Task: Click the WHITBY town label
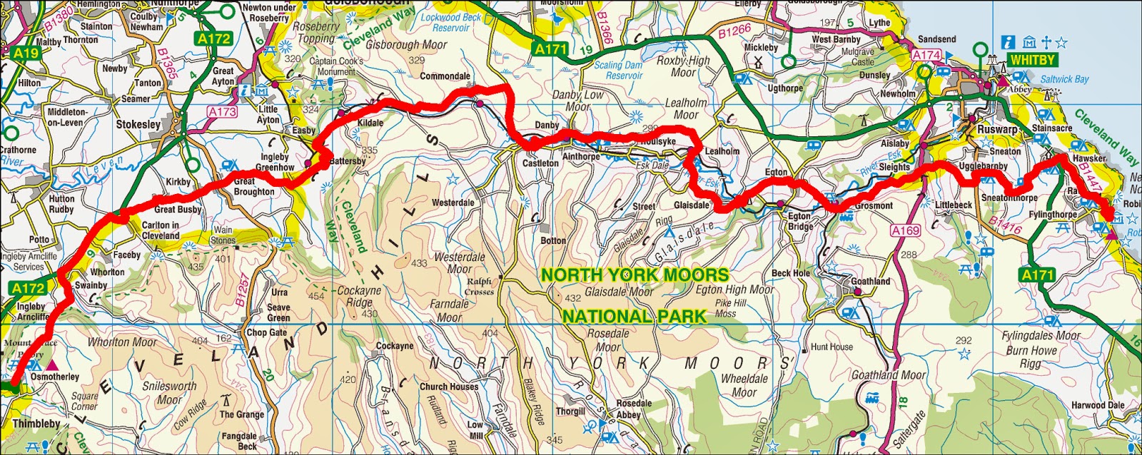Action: coord(1031,61)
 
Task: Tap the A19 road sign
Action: coord(25,53)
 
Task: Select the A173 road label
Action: coord(222,112)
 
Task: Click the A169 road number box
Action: coord(905,230)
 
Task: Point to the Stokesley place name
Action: coord(138,124)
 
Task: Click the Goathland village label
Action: coord(870,282)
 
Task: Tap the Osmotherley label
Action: coord(55,377)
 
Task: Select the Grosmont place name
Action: coord(874,205)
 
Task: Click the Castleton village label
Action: coord(540,163)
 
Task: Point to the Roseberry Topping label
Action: coord(316,32)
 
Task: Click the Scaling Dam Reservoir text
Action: coord(618,70)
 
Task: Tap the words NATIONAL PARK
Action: coord(635,316)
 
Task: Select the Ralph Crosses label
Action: coord(479,287)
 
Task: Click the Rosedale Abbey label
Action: coord(633,409)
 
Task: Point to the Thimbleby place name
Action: coord(36,424)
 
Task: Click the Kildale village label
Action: coord(370,123)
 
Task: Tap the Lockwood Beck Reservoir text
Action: coord(451,22)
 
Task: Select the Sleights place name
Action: coord(894,167)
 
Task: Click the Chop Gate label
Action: coord(266,332)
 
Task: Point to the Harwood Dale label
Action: coord(1097,405)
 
